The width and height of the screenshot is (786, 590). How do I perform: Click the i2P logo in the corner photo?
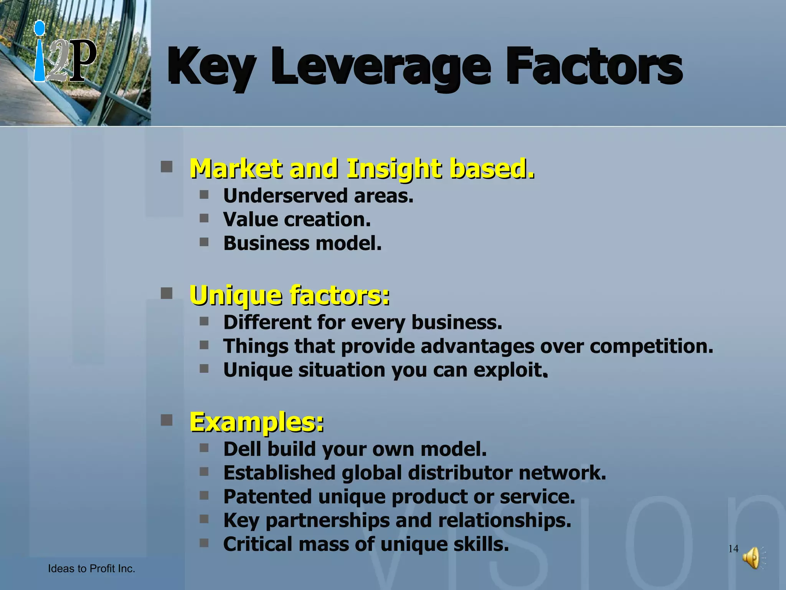tap(64, 54)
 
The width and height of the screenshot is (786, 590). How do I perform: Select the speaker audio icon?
tap(753, 558)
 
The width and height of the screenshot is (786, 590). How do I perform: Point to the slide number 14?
tap(733, 549)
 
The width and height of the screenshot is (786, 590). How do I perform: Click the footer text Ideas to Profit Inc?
tap(91, 569)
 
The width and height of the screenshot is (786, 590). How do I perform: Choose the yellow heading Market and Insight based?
tap(362, 169)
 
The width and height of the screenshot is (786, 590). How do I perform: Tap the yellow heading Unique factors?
tap(290, 295)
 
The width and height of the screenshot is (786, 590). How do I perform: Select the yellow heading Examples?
tap(257, 422)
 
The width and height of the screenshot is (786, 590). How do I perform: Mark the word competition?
tap(651, 346)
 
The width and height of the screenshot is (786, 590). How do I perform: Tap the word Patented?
tap(268, 497)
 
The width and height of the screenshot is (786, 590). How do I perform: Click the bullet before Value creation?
tap(204, 219)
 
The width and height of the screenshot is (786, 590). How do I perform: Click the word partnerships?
tap(327, 521)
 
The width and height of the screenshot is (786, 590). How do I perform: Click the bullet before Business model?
tap(204, 242)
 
